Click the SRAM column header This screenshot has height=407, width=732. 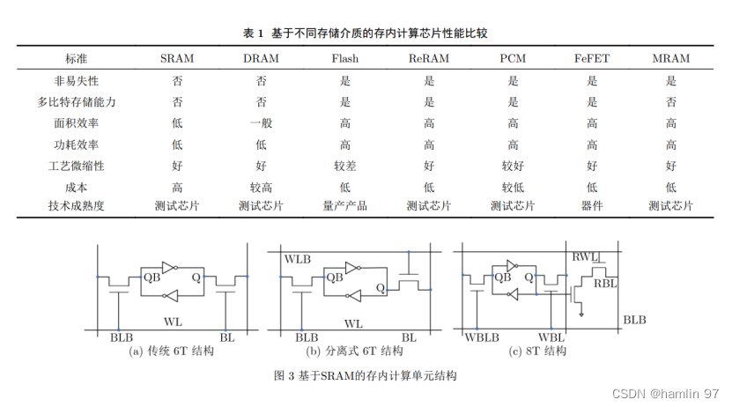pyautogui.click(x=177, y=59)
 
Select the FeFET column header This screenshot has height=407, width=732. pyautogui.click(x=592, y=59)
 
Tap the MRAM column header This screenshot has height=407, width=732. pyautogui.click(x=670, y=59)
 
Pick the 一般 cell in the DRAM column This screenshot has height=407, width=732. pyautogui.click(x=261, y=122)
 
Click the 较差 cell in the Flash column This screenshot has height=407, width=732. pyautogui.click(x=345, y=165)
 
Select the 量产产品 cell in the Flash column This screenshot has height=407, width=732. pyautogui.click(x=345, y=206)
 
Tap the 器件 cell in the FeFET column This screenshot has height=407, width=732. pyautogui.click(x=592, y=206)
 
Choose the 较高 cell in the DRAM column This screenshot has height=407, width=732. pyautogui.click(x=261, y=187)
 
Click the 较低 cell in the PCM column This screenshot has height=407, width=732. pyautogui.click(x=513, y=187)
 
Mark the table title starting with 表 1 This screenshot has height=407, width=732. pyautogui.click(x=366, y=33)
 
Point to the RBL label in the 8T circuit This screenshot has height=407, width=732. pyautogui.click(x=605, y=284)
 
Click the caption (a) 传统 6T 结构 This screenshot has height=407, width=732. pyautogui.click(x=172, y=351)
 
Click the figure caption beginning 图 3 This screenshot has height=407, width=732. pyautogui.click(x=366, y=375)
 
